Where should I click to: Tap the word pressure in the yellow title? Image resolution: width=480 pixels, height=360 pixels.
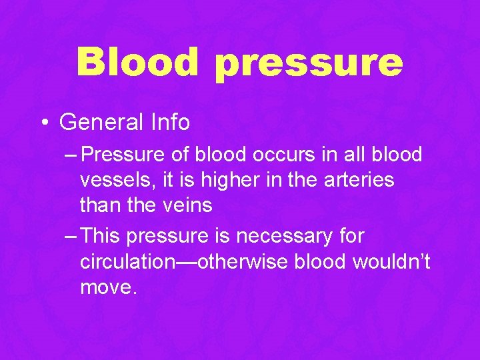(309, 64)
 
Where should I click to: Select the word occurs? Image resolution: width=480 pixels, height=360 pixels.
(269, 155)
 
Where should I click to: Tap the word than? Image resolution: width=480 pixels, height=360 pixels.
(100, 205)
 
